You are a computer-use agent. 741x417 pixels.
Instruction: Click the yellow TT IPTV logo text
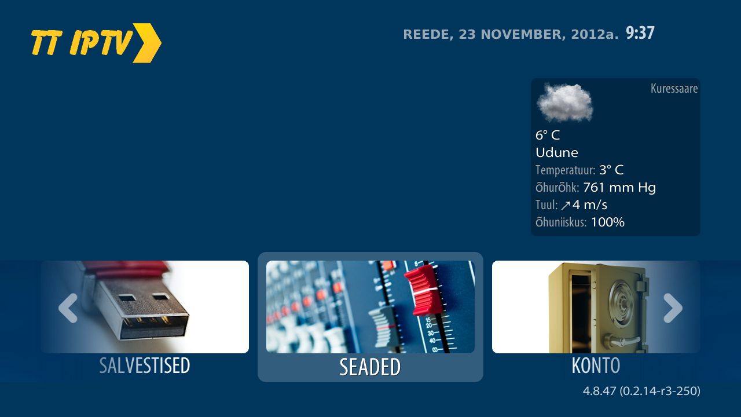82,42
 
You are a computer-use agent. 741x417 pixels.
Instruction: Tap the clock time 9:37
640,33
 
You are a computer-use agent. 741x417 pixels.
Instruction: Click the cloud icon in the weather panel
565,103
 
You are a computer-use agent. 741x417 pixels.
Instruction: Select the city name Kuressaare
674,89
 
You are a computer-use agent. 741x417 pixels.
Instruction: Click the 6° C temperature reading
548,135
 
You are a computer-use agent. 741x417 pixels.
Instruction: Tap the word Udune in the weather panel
557,152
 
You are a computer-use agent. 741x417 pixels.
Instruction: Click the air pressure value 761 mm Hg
619,188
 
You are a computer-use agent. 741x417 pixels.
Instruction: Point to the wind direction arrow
566,206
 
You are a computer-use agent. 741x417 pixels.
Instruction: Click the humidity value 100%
608,222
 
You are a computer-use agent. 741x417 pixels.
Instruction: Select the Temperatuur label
566,170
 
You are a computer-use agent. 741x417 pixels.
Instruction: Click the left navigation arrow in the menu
68,308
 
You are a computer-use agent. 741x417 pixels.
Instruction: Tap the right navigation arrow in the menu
673,308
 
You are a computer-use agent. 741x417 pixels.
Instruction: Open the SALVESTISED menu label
145,365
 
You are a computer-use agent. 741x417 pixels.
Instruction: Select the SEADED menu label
370,367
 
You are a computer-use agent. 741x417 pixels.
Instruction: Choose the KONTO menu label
596,365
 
